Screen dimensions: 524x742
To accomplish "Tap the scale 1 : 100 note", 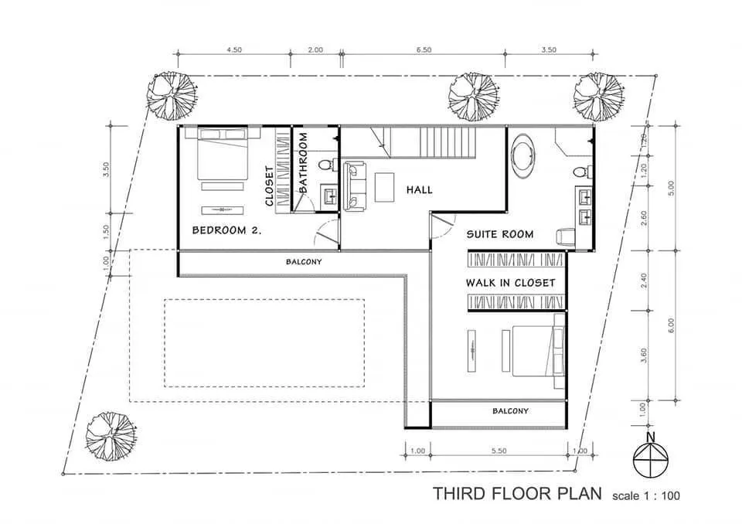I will click(645, 495).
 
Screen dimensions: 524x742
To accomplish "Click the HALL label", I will click(419, 189).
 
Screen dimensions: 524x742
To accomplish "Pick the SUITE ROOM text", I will click(499, 234).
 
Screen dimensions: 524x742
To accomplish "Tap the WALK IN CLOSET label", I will click(510, 283).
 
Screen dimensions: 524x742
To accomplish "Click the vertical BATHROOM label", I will click(304, 163).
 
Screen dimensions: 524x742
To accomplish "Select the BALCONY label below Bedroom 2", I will click(304, 262).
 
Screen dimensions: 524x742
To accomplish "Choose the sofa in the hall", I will click(354, 185).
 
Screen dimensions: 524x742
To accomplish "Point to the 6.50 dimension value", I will click(423, 49).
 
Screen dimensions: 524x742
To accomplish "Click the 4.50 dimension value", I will click(234, 49).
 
